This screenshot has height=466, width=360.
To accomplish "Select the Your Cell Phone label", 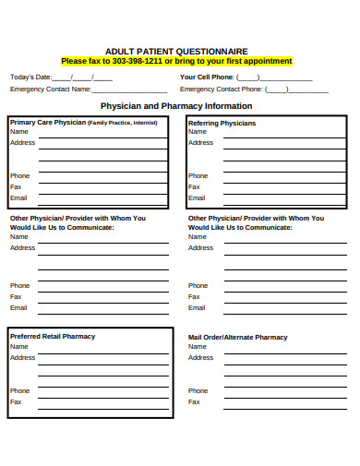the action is coord(207,77).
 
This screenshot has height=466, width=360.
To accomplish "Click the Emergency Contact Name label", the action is coord(50,90).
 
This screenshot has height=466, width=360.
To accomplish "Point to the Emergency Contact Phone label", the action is coord(222,90).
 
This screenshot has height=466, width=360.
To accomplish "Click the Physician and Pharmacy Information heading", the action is coord(175,106).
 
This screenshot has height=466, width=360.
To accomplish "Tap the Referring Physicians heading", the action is coord(222,122).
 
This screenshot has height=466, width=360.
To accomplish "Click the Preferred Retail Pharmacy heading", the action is coord(53,336).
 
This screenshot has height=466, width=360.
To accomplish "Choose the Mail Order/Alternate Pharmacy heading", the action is coord(238,337).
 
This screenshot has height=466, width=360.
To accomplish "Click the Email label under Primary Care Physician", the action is coord(18,197).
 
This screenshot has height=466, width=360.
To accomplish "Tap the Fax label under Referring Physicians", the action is coord(194,186).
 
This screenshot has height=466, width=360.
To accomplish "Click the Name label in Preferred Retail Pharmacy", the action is coord(19,346).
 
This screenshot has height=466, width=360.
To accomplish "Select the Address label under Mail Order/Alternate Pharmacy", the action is coord(200,357).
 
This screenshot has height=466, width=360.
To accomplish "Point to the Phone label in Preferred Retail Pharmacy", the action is coord(19,390).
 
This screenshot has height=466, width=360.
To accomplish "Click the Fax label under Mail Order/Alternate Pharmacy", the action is coord(194,401).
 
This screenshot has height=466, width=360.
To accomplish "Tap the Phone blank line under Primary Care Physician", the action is coord(102,178).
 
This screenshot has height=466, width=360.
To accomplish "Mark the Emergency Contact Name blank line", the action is coord(130,92).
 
